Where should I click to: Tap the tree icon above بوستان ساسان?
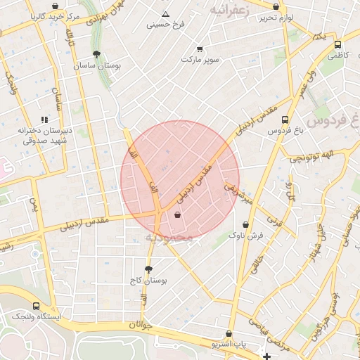(96, 53)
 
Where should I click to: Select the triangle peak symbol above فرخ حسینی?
(165, 14)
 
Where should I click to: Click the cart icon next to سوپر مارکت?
(200, 49)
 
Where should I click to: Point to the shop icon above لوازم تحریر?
(276, 7)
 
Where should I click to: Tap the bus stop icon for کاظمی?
(338, 44)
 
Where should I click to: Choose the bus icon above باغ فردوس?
(285, 120)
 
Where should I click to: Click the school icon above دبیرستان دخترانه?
(45, 120)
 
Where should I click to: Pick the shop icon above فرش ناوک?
(245, 225)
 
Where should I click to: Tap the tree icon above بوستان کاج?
(148, 269)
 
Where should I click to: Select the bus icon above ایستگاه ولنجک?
(37, 306)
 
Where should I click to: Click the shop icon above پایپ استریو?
(229, 334)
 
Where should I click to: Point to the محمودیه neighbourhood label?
(169, 238)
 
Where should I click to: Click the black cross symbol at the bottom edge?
(266, 356)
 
